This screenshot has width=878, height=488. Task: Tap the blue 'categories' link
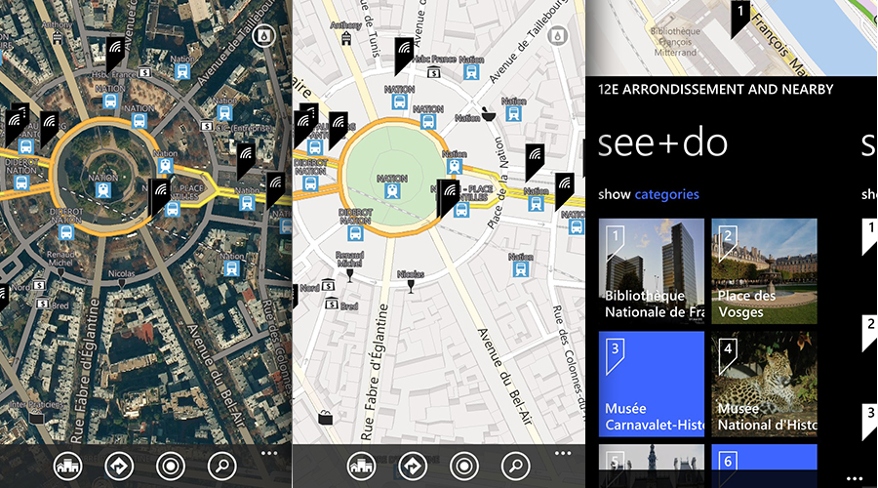[667, 194]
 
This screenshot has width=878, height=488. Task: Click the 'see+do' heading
[663, 142]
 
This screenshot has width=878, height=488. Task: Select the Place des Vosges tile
[764, 271]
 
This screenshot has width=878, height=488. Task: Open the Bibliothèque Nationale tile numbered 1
[651, 271]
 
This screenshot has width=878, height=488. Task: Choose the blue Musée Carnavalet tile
[651, 384]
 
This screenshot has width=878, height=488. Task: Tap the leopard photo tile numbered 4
[764, 384]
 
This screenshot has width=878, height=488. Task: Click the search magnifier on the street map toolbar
[515, 466]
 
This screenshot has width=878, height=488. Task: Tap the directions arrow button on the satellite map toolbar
[119, 466]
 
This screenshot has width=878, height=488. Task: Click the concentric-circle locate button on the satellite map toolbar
[171, 466]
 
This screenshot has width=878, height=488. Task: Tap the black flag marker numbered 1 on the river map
[739, 17]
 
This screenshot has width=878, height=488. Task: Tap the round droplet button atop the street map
[558, 36]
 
